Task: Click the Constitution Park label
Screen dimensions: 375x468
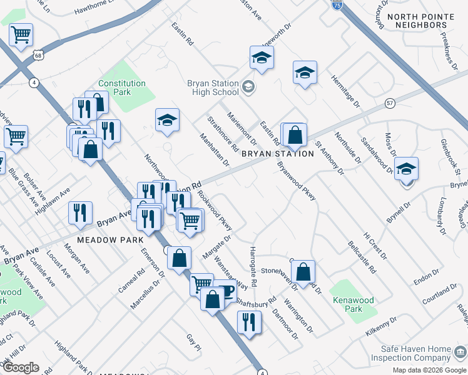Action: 122,87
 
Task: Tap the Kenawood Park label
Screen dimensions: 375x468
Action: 354,304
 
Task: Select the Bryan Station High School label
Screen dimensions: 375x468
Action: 213,87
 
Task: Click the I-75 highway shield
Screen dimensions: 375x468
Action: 337,4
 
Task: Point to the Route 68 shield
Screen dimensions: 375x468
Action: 39,56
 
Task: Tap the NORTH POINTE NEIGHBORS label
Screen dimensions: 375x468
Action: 417,21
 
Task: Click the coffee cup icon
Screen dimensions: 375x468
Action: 226,291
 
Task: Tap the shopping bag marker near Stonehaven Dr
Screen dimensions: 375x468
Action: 303,272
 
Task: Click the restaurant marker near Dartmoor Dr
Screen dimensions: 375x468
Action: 250,322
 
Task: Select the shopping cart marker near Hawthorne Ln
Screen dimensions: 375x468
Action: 21,35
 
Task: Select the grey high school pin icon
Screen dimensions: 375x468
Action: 248,86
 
